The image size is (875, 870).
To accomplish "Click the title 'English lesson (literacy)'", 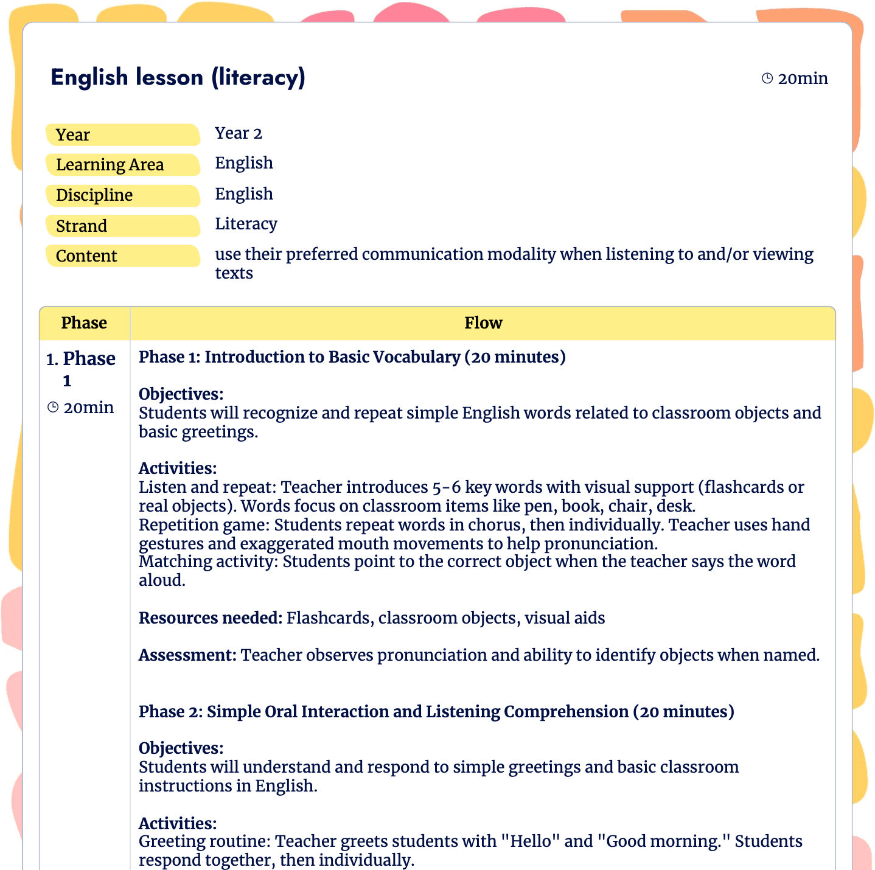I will coord(178,78).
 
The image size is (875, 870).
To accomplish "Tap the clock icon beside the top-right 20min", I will coord(767,78).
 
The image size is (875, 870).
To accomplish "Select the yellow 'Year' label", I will coord(122,135).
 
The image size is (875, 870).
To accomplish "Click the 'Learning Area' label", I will coord(122,165).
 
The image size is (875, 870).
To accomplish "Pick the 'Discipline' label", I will coord(122,195).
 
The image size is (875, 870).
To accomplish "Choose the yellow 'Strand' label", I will coord(122,226).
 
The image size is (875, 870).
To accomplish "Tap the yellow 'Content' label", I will coord(122,256).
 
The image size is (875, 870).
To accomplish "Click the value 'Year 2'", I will coord(239,133).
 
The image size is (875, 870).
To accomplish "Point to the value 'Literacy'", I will coord(246,224).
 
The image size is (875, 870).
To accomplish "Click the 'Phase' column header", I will coord(84,323).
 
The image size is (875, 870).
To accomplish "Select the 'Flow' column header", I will coord(483,323).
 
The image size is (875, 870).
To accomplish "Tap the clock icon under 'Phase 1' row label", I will coord(53,408).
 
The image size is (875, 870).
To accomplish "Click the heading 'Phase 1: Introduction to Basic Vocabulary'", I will coord(352,357).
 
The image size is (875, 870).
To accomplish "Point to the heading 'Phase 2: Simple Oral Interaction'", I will coord(436,712).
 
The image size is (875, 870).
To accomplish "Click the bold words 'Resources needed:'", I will coord(210,618).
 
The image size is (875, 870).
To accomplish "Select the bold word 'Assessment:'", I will coord(187,655).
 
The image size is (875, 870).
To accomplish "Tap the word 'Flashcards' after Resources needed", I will coord(328,618).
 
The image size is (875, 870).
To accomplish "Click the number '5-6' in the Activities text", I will coord(446,487).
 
